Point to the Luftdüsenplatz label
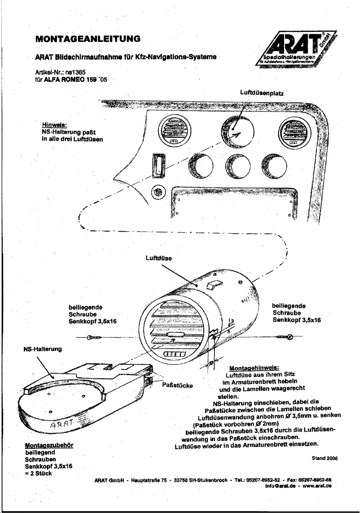[x=263, y=92]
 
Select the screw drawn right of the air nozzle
[x=285, y=337]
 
